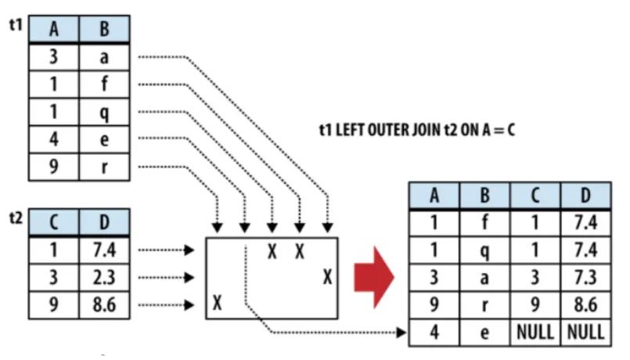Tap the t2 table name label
[x=13, y=218]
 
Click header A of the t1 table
[x=54, y=31]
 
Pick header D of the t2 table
[x=104, y=223]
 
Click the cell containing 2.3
[x=104, y=277]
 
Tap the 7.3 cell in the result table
[x=585, y=277]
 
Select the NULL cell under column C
[x=535, y=331]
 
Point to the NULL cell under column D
[x=585, y=331]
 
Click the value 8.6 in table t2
[x=104, y=304]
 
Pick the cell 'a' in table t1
[x=104, y=57]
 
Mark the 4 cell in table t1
[x=54, y=140]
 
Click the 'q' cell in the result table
[x=484, y=250]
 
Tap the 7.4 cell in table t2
[x=104, y=250]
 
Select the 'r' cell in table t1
[x=104, y=167]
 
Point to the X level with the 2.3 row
[x=327, y=277]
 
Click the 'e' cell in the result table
[x=484, y=331]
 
